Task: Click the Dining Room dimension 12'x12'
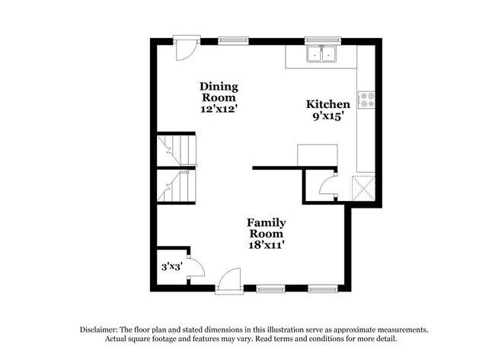219,109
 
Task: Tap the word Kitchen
327,104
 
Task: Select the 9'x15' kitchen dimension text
328,117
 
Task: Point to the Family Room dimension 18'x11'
266,246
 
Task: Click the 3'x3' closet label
171,267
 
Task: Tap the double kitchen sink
323,54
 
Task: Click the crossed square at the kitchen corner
362,186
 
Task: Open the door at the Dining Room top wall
184,49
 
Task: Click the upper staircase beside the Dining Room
177,149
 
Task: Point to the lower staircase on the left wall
177,186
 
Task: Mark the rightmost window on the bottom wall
322,288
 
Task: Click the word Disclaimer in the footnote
102,330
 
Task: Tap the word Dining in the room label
219,86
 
